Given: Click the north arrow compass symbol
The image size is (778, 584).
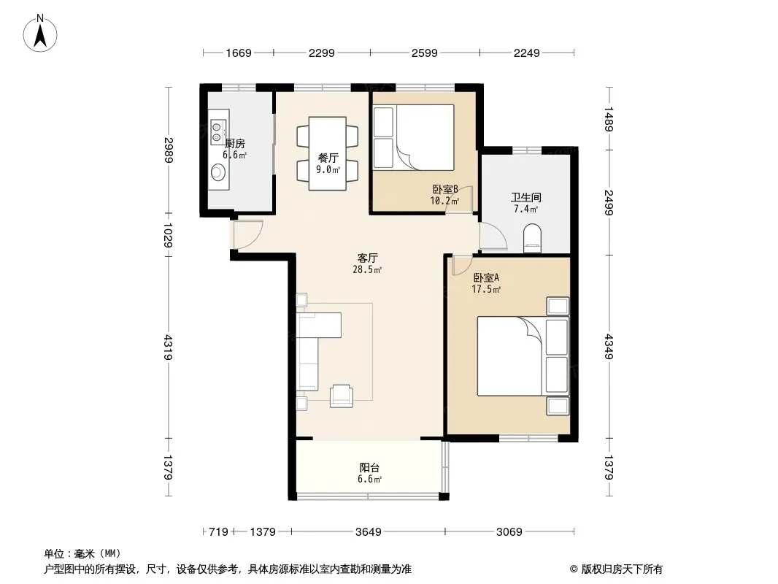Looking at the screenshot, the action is pos(40,33).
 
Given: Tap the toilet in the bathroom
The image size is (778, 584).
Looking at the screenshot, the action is pos(532,237).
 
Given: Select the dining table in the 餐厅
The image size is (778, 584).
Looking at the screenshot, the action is pos(328,153).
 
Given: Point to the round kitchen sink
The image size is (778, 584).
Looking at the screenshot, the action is pos(217,172).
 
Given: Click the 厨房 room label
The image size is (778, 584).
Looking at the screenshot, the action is pos(235,144).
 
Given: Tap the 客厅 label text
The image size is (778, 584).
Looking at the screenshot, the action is pos(368,258).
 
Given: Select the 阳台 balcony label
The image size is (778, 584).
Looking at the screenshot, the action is pos(369,467).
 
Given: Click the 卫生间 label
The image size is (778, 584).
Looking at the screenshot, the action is pos(526,198).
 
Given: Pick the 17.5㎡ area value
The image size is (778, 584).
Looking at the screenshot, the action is pos(486,289).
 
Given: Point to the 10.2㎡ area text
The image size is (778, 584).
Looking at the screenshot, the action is pos(444,201).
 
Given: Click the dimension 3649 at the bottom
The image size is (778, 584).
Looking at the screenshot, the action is pos(368,532).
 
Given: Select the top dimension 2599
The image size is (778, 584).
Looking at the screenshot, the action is pos(424,53).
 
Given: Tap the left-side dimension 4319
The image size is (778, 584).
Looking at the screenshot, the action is pos(168,347).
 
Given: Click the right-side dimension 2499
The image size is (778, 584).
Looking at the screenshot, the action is pos(609,202).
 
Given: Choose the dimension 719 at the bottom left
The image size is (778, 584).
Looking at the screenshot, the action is pos(218,532).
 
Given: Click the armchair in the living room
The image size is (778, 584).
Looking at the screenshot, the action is pos(342,396).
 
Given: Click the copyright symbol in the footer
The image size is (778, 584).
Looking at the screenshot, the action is pos(574,569).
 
